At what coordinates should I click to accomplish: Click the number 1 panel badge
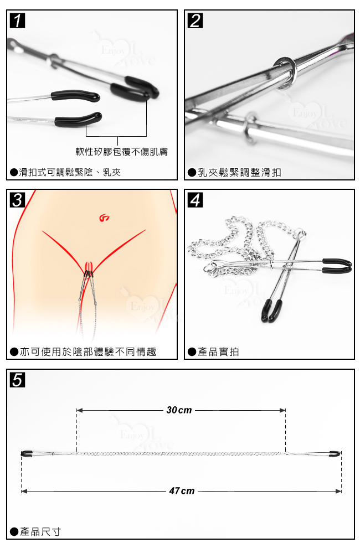click(x=18, y=21)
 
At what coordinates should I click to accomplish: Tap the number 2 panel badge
click(x=195, y=21)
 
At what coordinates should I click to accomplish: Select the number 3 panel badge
click(x=18, y=200)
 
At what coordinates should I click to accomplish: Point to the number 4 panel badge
click(x=195, y=200)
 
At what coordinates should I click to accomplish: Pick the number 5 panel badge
click(x=18, y=380)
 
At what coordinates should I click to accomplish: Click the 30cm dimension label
click(x=179, y=410)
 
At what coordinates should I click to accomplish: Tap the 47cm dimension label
click(x=181, y=491)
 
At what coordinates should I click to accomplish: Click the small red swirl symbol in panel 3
click(x=104, y=219)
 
